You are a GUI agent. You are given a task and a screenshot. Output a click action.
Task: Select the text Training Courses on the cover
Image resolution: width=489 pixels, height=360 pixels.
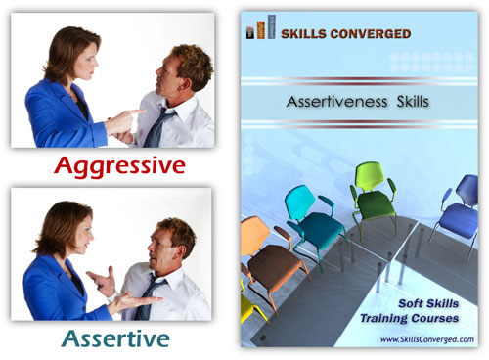418,319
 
